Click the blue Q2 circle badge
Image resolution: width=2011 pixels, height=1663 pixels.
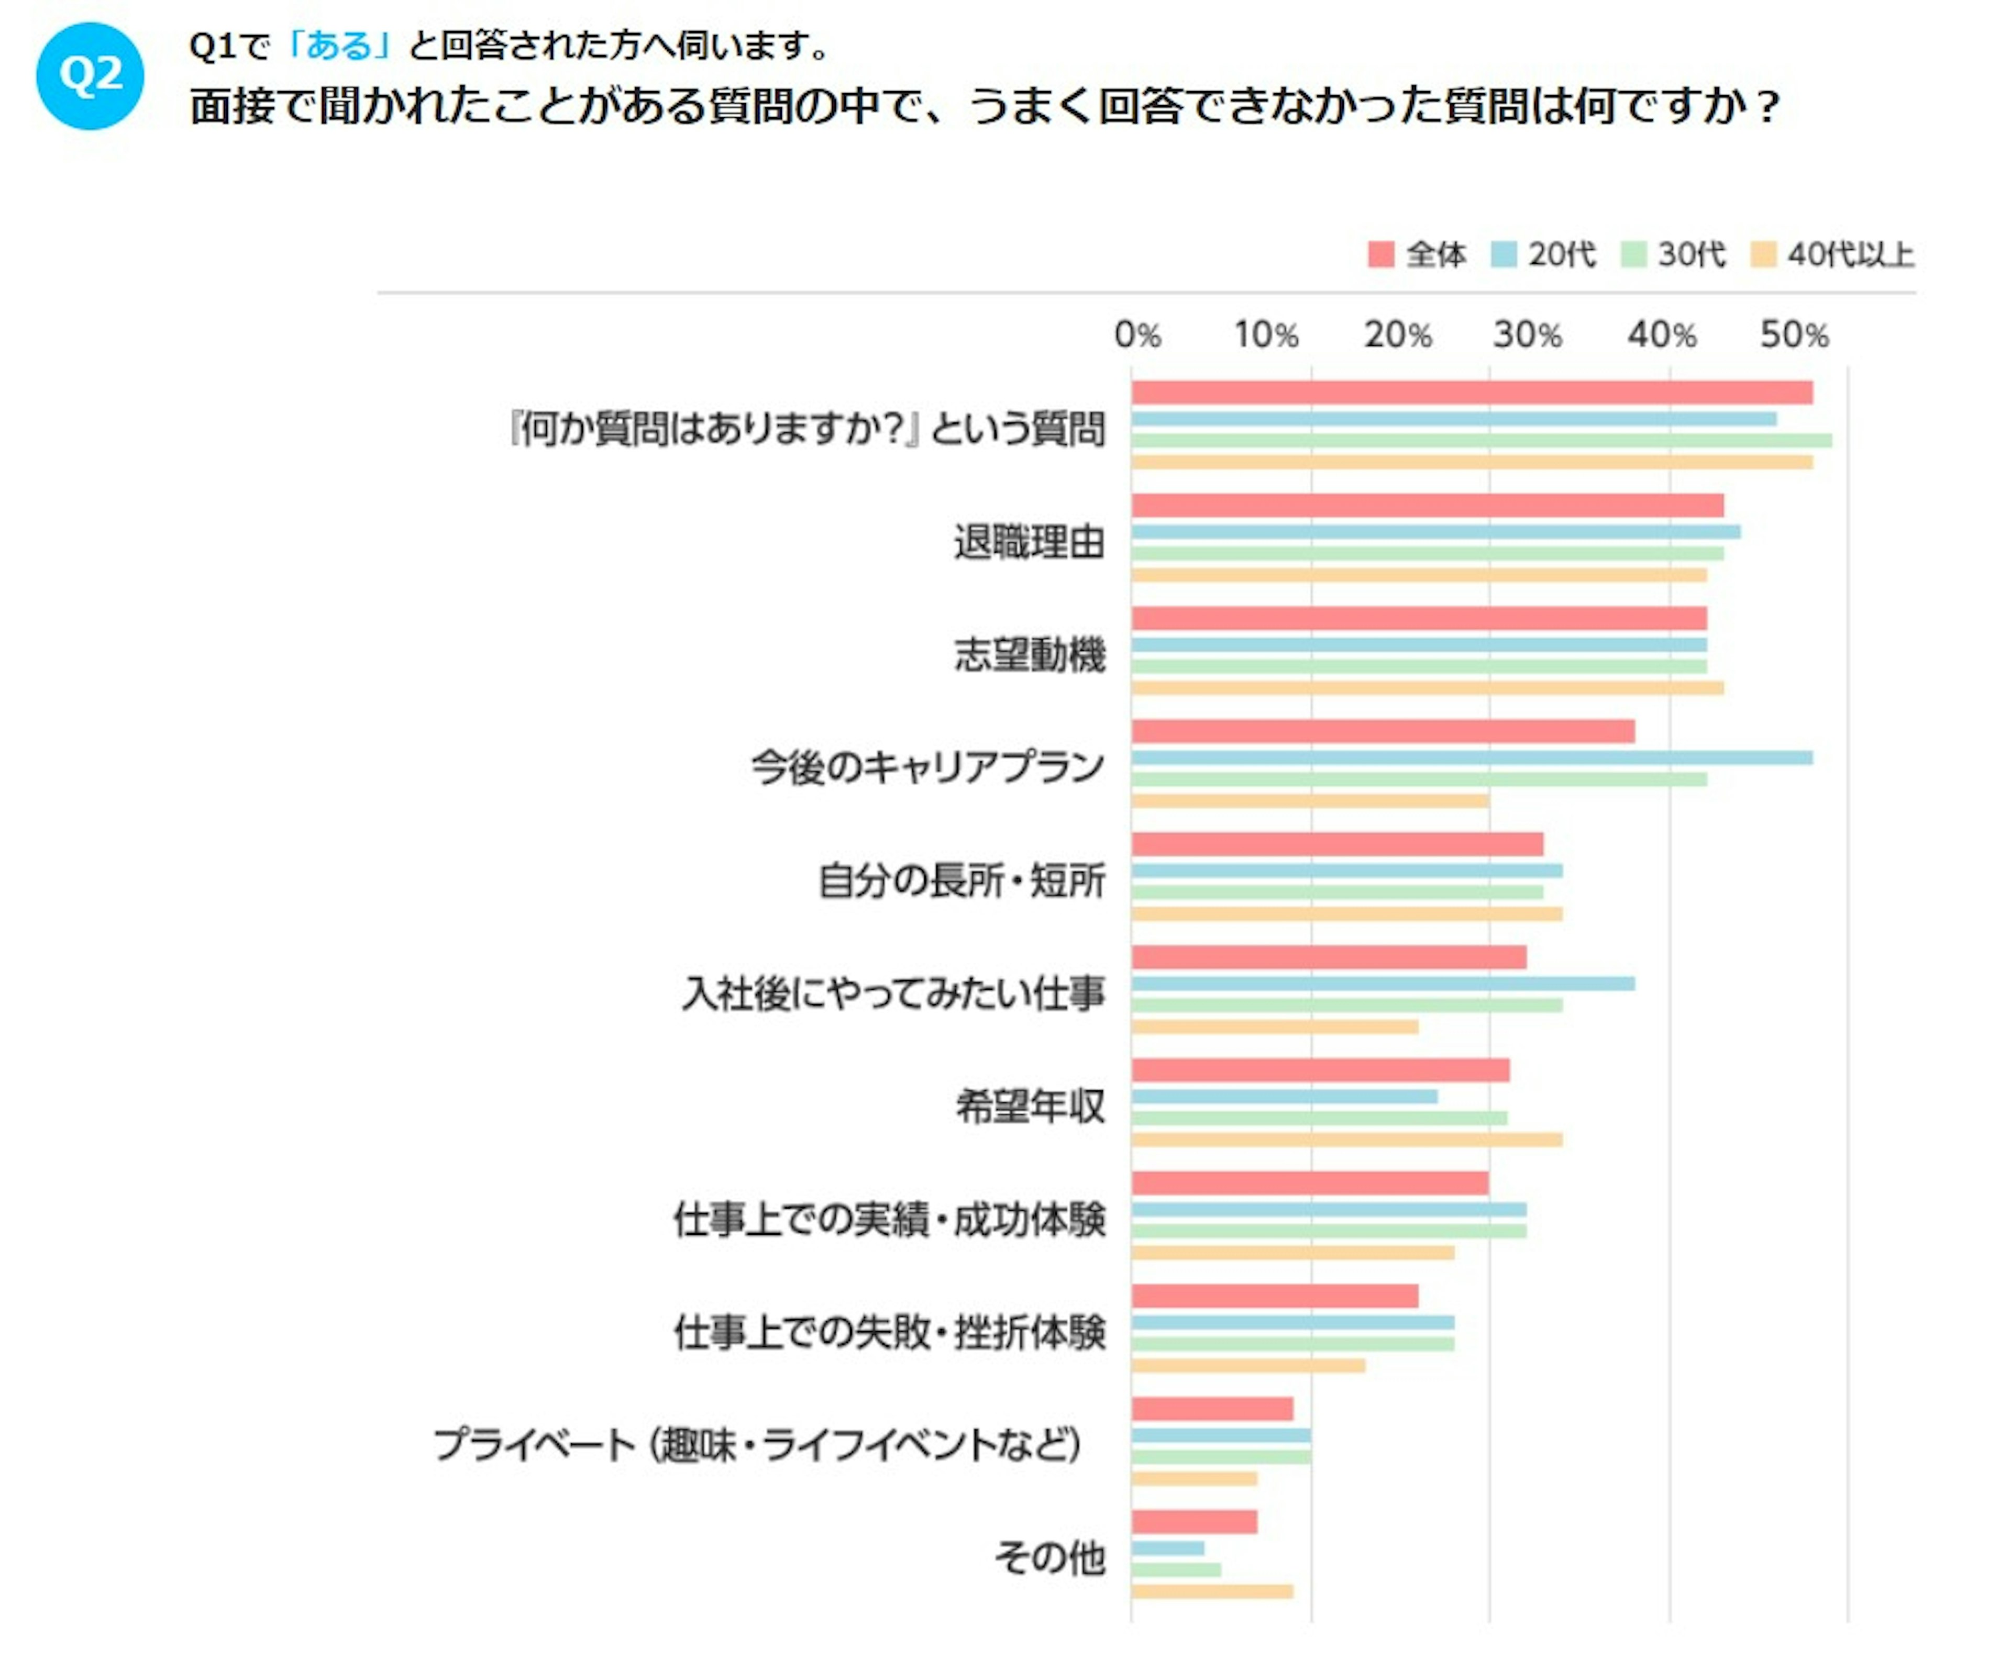(x=90, y=75)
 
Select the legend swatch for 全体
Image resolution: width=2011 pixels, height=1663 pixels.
(x=1380, y=255)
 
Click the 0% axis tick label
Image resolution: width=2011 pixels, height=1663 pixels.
(x=1137, y=335)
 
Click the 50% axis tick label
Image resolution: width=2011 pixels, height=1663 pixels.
(x=1794, y=335)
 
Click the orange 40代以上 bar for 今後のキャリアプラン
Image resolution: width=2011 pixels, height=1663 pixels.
(x=1310, y=800)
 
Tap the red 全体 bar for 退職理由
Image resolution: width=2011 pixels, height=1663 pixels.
(x=1427, y=506)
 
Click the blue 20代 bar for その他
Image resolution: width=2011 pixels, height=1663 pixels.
(x=1167, y=1548)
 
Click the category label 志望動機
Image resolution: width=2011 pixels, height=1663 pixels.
(x=1030, y=655)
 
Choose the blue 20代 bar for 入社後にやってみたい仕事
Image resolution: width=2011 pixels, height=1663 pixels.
(x=1382, y=983)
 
